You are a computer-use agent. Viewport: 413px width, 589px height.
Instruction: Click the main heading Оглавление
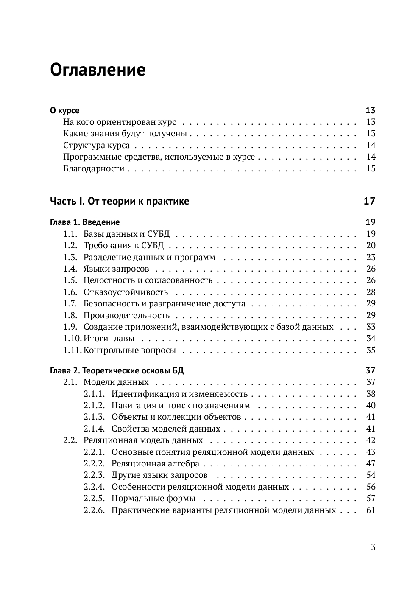[98, 70]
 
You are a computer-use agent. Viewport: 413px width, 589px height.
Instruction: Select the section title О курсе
[64, 111]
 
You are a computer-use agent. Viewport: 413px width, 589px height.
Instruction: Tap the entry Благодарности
[94, 169]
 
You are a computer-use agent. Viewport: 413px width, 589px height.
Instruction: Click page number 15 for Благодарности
[371, 169]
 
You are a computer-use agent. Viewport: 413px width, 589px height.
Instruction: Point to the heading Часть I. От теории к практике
[120, 201]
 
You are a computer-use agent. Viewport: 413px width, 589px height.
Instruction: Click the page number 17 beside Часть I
[369, 201]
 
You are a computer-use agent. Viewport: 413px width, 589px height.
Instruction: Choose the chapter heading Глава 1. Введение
[85, 222]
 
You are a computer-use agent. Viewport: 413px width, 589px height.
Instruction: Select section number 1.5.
[70, 280]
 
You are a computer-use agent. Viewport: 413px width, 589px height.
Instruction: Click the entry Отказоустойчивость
[126, 292]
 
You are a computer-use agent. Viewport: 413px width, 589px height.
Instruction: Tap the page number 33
[371, 327]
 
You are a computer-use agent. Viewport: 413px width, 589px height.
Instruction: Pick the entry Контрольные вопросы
[129, 351]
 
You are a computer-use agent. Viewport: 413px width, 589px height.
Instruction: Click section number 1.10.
[72, 339]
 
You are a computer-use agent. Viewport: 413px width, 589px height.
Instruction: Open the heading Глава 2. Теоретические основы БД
[117, 370]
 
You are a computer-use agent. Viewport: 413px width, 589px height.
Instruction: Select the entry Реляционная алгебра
[155, 464]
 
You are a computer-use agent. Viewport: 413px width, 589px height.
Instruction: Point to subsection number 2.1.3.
[94, 417]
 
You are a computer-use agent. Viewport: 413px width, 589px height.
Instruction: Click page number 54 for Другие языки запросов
[371, 475]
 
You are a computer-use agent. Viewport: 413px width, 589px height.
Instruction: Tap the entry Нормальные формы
[153, 499]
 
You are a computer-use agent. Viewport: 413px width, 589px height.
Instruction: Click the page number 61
[371, 510]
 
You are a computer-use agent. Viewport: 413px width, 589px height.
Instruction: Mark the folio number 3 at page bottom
[373, 547]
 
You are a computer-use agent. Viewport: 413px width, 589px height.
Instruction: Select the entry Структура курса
[96, 146]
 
